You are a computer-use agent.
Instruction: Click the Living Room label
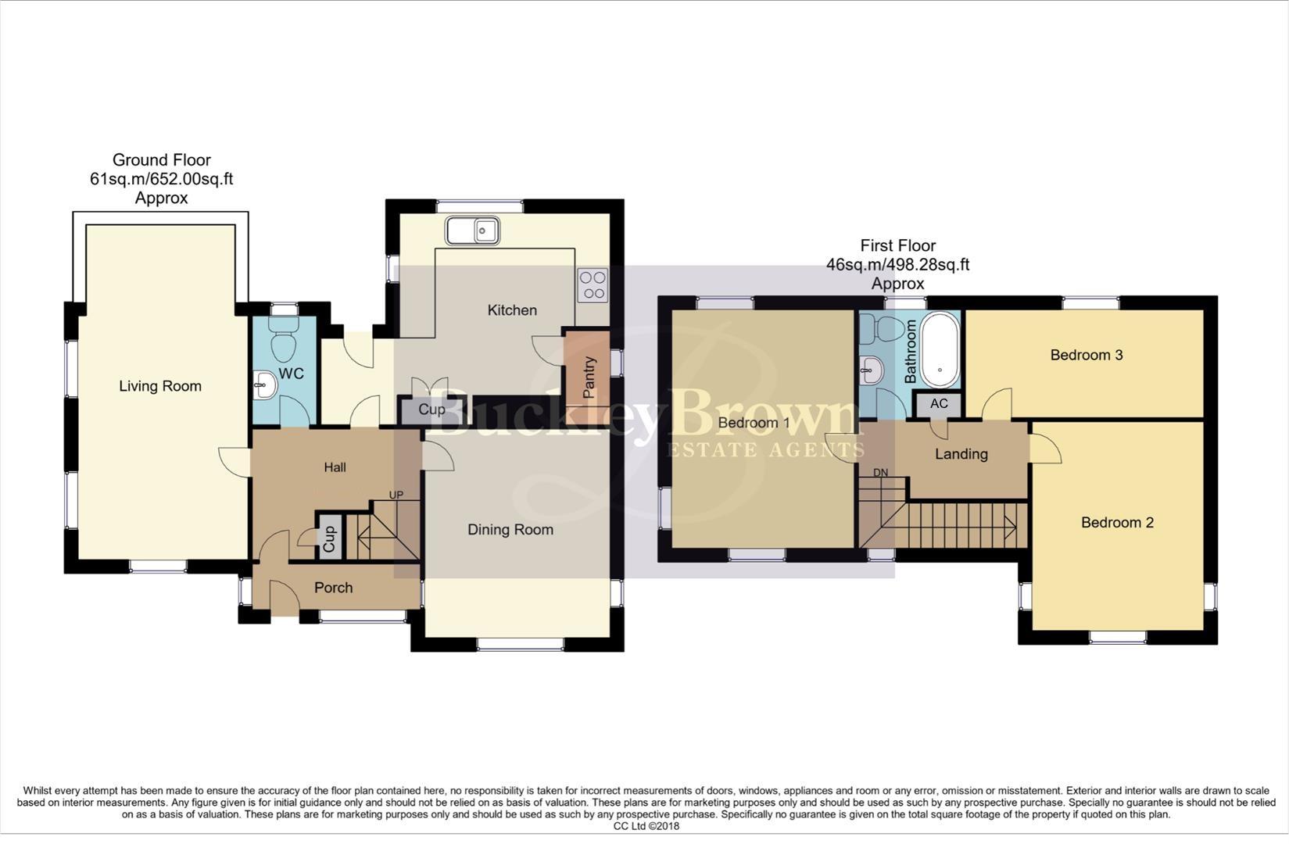pos(160,386)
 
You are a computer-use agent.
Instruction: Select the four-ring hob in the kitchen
pos(593,285)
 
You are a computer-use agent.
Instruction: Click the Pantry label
pos(589,377)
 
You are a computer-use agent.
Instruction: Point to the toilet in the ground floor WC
pos(283,345)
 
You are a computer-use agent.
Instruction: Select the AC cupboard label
pos(939,403)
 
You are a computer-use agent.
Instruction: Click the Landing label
pos(961,454)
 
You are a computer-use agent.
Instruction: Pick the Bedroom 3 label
pos(1086,355)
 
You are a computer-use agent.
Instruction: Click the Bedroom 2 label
pos(1117,523)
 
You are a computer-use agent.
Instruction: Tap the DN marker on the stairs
pos(880,473)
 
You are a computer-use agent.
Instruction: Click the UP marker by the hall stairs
pos(396,495)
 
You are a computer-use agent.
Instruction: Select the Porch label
pos(334,588)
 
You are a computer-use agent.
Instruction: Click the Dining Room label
pos(510,530)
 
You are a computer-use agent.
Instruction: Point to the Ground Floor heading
pos(162,160)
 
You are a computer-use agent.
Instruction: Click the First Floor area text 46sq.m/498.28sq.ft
pos(897,265)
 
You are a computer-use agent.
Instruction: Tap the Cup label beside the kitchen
pos(431,409)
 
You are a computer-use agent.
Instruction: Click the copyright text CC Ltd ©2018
pos(646,826)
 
